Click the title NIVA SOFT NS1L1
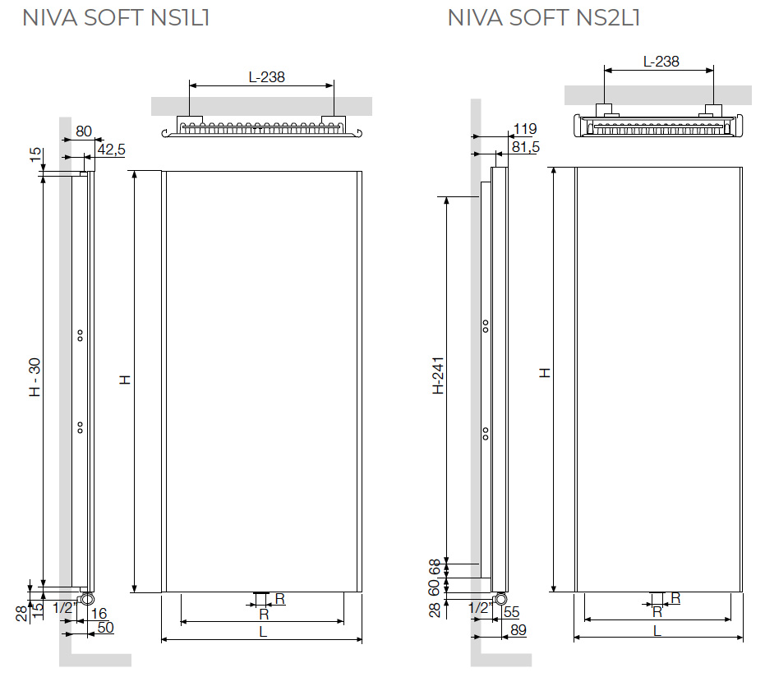(x=116, y=18)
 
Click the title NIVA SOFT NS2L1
(x=544, y=18)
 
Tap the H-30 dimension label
(x=35, y=379)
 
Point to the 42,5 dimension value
(x=111, y=150)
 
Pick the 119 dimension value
(x=523, y=129)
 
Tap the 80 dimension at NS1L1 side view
(x=84, y=131)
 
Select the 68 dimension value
(x=435, y=566)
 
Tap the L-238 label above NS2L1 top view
(x=661, y=62)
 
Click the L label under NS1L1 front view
(x=262, y=632)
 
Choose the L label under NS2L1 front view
(x=657, y=630)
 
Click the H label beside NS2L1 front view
(x=544, y=372)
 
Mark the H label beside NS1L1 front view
(x=124, y=380)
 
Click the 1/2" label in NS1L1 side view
(x=64, y=609)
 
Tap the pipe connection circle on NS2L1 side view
(x=499, y=598)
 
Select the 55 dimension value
(x=510, y=612)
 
